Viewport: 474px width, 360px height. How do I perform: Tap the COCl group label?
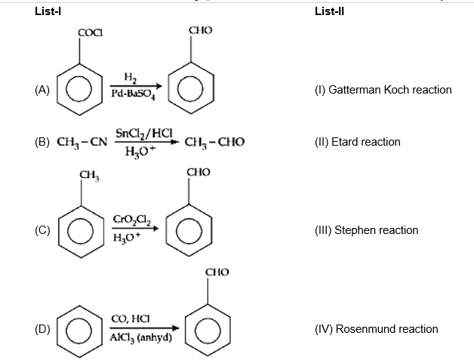pos(91,32)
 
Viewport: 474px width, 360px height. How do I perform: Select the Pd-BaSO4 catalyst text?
pos(133,95)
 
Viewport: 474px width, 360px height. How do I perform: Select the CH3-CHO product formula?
pos(214,141)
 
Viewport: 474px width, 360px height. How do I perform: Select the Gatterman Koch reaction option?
pos(383,90)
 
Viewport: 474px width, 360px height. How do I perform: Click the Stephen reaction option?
pos(366,230)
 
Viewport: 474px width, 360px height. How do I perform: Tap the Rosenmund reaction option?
pos(376,329)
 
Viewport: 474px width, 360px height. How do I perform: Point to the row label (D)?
pos(42,329)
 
